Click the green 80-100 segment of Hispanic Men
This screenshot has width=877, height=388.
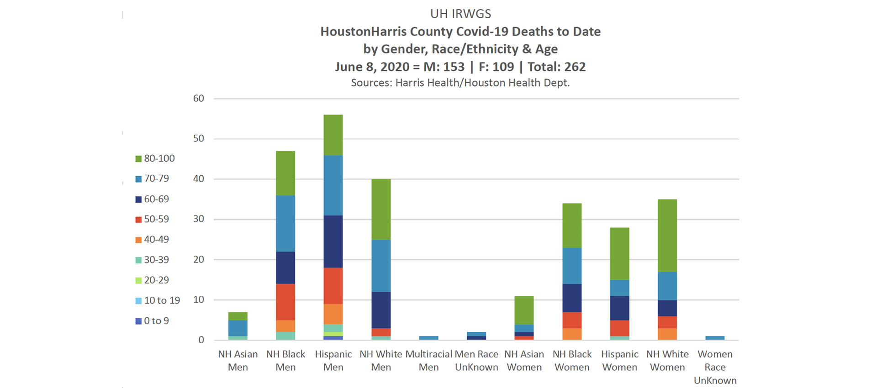333,135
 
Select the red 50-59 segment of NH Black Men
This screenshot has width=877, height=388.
285,302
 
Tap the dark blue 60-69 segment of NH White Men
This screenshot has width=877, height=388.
381,310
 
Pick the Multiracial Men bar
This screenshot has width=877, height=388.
428,338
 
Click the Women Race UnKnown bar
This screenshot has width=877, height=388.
715,338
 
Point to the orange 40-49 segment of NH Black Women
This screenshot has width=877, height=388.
572,334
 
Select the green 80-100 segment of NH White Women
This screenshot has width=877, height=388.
667,236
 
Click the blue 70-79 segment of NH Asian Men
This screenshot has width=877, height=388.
238,328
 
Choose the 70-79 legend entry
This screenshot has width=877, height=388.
152,179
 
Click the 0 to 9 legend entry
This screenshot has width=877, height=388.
152,321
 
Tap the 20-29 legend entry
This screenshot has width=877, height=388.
152,280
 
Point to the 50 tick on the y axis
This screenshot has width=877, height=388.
199,139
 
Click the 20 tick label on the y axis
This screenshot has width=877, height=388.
199,260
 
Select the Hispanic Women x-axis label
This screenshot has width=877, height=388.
619,361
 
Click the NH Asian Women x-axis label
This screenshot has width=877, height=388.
524,361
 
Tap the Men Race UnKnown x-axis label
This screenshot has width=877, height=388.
476,361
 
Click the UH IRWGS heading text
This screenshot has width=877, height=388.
460,14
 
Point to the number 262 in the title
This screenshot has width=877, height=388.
575,67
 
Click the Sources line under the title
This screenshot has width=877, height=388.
460,83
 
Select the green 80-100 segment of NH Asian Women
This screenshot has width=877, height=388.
524,310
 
